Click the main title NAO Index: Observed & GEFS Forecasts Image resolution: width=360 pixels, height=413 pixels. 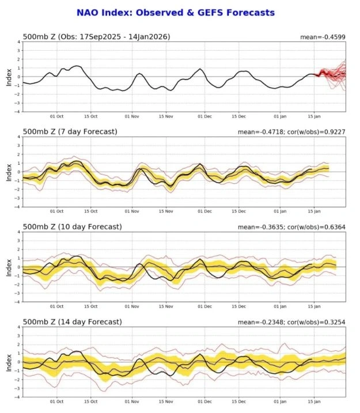click(x=175, y=12)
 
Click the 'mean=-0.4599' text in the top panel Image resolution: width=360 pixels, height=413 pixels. click(x=323, y=37)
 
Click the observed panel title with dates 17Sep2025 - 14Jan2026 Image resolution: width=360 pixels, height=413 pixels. click(x=96, y=37)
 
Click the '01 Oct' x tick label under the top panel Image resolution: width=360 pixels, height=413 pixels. click(x=57, y=116)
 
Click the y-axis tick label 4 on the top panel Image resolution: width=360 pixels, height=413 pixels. click(x=19, y=42)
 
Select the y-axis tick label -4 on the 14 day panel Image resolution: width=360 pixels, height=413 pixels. click(x=18, y=396)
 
